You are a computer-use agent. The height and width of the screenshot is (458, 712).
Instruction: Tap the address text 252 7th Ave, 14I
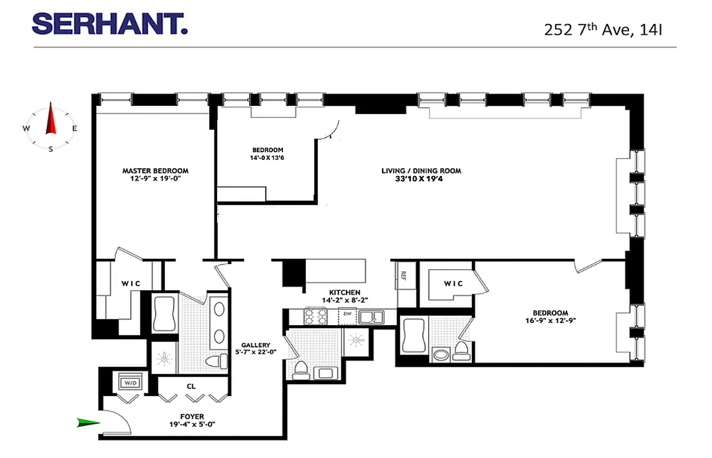[603, 29]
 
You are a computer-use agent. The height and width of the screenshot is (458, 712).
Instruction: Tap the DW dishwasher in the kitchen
[347, 314]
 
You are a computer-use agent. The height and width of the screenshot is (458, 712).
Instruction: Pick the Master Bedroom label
[155, 171]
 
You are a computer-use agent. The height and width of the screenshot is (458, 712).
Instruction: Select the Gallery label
[255, 345]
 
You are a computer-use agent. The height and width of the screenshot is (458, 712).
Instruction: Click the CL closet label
[191, 386]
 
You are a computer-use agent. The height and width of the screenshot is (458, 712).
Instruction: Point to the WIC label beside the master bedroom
[131, 284]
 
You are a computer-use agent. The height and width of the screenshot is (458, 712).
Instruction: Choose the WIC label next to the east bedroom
[453, 283]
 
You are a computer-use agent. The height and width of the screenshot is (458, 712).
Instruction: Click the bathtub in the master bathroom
[166, 314]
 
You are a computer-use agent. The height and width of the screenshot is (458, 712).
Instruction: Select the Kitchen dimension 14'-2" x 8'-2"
[344, 300]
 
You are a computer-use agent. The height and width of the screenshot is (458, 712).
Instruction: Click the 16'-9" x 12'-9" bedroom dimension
[550, 321]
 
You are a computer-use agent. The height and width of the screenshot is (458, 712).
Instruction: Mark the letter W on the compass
[26, 128]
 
